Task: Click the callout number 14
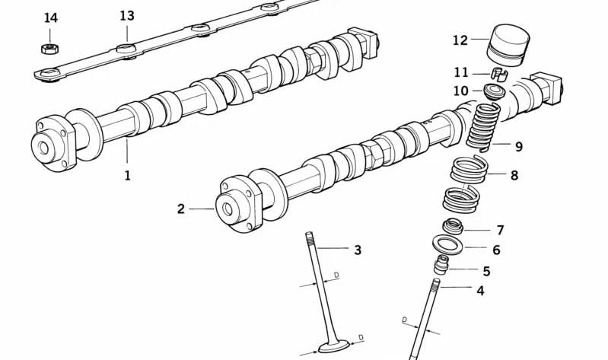[50, 18]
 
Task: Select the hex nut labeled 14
[50, 49]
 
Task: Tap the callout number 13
[127, 16]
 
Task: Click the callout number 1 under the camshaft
[127, 175]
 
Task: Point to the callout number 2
[181, 209]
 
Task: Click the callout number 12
[460, 40]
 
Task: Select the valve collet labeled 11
[498, 74]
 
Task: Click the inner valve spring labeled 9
[483, 126]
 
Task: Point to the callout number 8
[514, 175]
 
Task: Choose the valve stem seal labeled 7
[454, 226]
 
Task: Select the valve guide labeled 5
[442, 266]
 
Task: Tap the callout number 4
[480, 290]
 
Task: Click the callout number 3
[357, 250]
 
